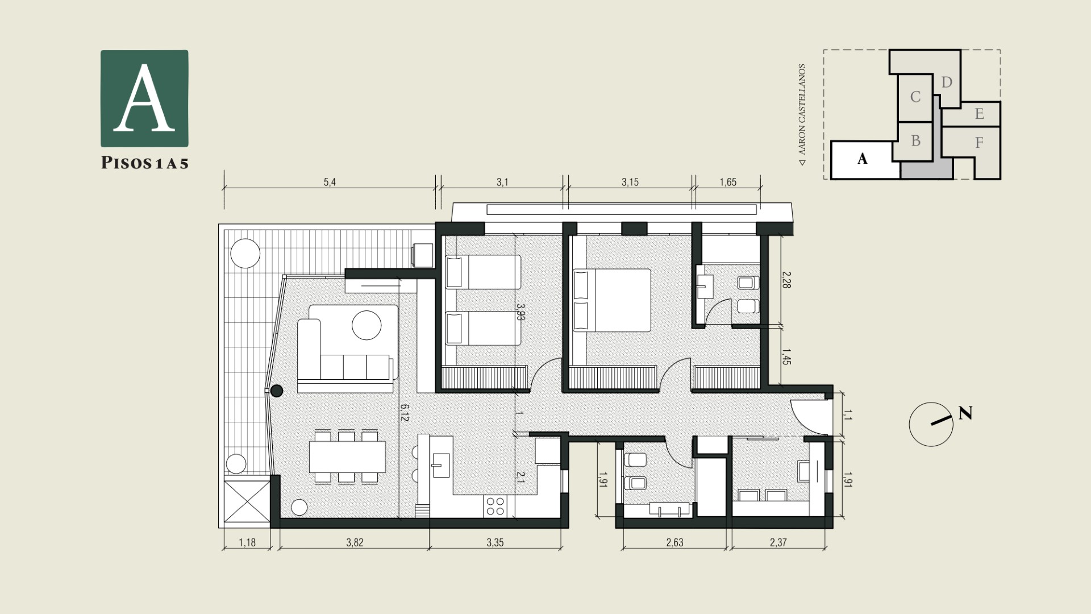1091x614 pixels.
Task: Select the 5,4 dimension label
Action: (330, 182)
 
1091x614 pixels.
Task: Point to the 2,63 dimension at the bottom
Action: (674, 542)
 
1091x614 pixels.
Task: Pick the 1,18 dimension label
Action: (247, 542)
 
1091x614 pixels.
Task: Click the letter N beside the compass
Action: (965, 413)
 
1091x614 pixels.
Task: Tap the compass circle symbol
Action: (931, 424)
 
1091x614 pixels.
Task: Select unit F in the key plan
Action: (979, 143)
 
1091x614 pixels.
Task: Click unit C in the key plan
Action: (915, 97)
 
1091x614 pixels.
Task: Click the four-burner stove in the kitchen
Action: (496, 506)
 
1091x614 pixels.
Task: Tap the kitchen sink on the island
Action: (441, 464)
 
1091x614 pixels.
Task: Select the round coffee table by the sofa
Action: (367, 325)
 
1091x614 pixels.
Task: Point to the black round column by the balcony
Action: (277, 391)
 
